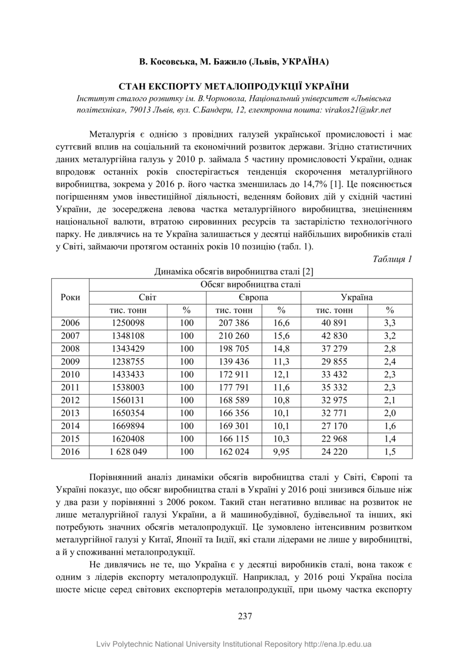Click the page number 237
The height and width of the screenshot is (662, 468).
coord(244,616)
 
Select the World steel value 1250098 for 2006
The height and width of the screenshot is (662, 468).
coord(128,323)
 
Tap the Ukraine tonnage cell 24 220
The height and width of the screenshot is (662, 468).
coord(334,452)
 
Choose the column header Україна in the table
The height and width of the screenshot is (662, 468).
coord(356,297)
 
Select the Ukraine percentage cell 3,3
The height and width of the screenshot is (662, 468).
coord(390,323)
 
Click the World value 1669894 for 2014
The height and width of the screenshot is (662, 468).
coord(128,426)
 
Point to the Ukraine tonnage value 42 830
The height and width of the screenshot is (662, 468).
coord(334,336)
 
